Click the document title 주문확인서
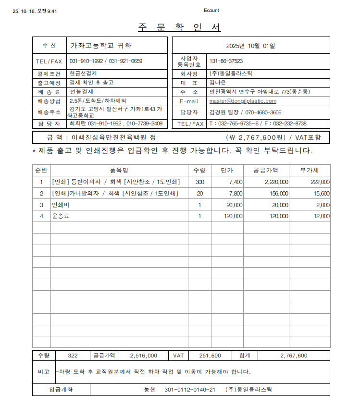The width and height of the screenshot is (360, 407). [179, 27]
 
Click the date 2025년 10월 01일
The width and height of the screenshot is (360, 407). [250, 46]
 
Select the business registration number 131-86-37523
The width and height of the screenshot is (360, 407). [226, 61]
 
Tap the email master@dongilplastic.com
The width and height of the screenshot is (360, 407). [243, 101]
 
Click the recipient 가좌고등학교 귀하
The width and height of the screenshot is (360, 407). [101, 46]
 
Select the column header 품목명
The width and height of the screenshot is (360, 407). [119, 170]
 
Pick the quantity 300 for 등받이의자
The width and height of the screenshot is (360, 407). [199, 182]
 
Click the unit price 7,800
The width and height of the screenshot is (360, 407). [236, 194]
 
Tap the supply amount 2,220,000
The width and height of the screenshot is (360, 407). [276, 182]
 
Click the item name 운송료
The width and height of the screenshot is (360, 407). [61, 216]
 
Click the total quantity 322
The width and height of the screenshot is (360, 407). [73, 356]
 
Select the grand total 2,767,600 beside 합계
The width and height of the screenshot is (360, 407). [293, 356]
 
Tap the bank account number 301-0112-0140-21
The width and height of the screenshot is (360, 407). [189, 389]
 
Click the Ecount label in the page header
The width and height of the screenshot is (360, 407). [211, 10]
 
